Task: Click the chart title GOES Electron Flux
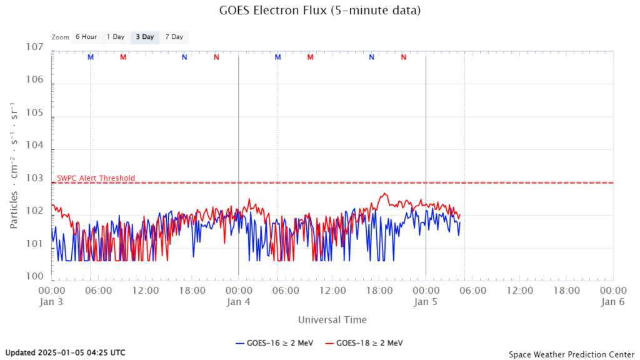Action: point(319,11)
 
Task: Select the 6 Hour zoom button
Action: point(86,37)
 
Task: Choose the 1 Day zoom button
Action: point(116,37)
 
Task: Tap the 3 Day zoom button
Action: point(145,37)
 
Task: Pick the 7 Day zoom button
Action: point(174,37)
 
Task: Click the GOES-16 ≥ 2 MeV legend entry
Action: point(274,342)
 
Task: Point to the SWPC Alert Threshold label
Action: point(96,178)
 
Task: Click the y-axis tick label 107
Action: point(35,48)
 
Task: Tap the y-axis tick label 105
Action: point(35,113)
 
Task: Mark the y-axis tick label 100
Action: point(35,276)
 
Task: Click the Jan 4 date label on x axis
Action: point(239,302)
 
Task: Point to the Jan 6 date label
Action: point(612,302)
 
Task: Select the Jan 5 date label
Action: point(426,302)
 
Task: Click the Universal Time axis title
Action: point(332,319)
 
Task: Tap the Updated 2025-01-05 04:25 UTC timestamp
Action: point(65,352)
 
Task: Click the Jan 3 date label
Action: point(52,302)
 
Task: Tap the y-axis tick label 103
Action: point(35,179)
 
